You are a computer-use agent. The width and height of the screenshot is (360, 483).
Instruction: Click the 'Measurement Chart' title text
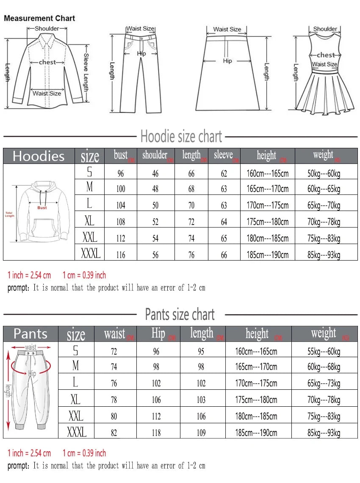[39, 18]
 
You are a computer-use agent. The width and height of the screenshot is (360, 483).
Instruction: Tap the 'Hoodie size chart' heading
[181, 137]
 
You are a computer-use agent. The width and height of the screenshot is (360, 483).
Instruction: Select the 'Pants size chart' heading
[180, 314]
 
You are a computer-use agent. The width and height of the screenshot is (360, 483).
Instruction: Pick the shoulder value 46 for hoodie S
[155, 173]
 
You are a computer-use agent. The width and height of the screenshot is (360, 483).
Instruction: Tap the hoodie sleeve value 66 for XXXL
[224, 255]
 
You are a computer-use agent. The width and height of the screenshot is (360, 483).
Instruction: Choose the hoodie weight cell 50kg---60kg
[324, 173]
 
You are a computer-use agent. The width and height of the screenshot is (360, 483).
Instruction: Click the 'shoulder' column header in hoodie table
[155, 155]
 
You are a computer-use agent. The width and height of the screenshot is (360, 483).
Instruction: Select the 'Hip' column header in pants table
[158, 333]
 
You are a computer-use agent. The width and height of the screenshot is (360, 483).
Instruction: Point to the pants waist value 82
[114, 433]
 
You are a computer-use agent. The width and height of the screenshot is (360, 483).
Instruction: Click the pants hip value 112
[156, 416]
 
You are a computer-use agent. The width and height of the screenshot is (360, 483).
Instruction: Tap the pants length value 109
[201, 433]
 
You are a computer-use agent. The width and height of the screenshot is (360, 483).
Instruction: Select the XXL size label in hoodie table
[90, 237]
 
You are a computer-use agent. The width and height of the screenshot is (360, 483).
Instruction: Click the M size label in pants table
[76, 366]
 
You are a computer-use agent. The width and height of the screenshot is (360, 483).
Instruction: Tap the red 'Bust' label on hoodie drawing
[42, 208]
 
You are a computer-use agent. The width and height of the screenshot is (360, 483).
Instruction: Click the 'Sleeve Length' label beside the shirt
[86, 72]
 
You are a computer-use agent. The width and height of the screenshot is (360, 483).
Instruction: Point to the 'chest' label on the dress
[325, 55]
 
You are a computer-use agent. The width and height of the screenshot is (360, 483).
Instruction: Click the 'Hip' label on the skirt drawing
[227, 61]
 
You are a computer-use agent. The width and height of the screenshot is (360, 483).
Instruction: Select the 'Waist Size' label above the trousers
[140, 28]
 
